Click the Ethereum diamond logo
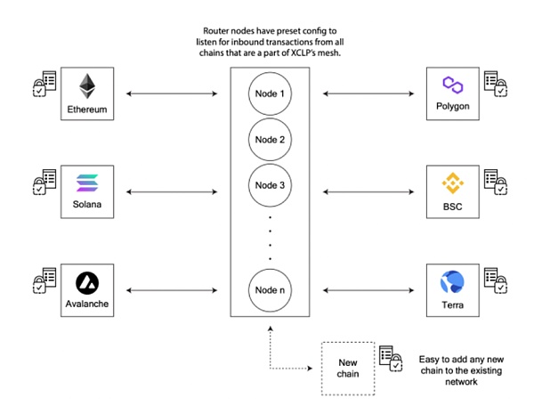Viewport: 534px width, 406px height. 86,85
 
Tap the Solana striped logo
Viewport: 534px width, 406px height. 86,183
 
